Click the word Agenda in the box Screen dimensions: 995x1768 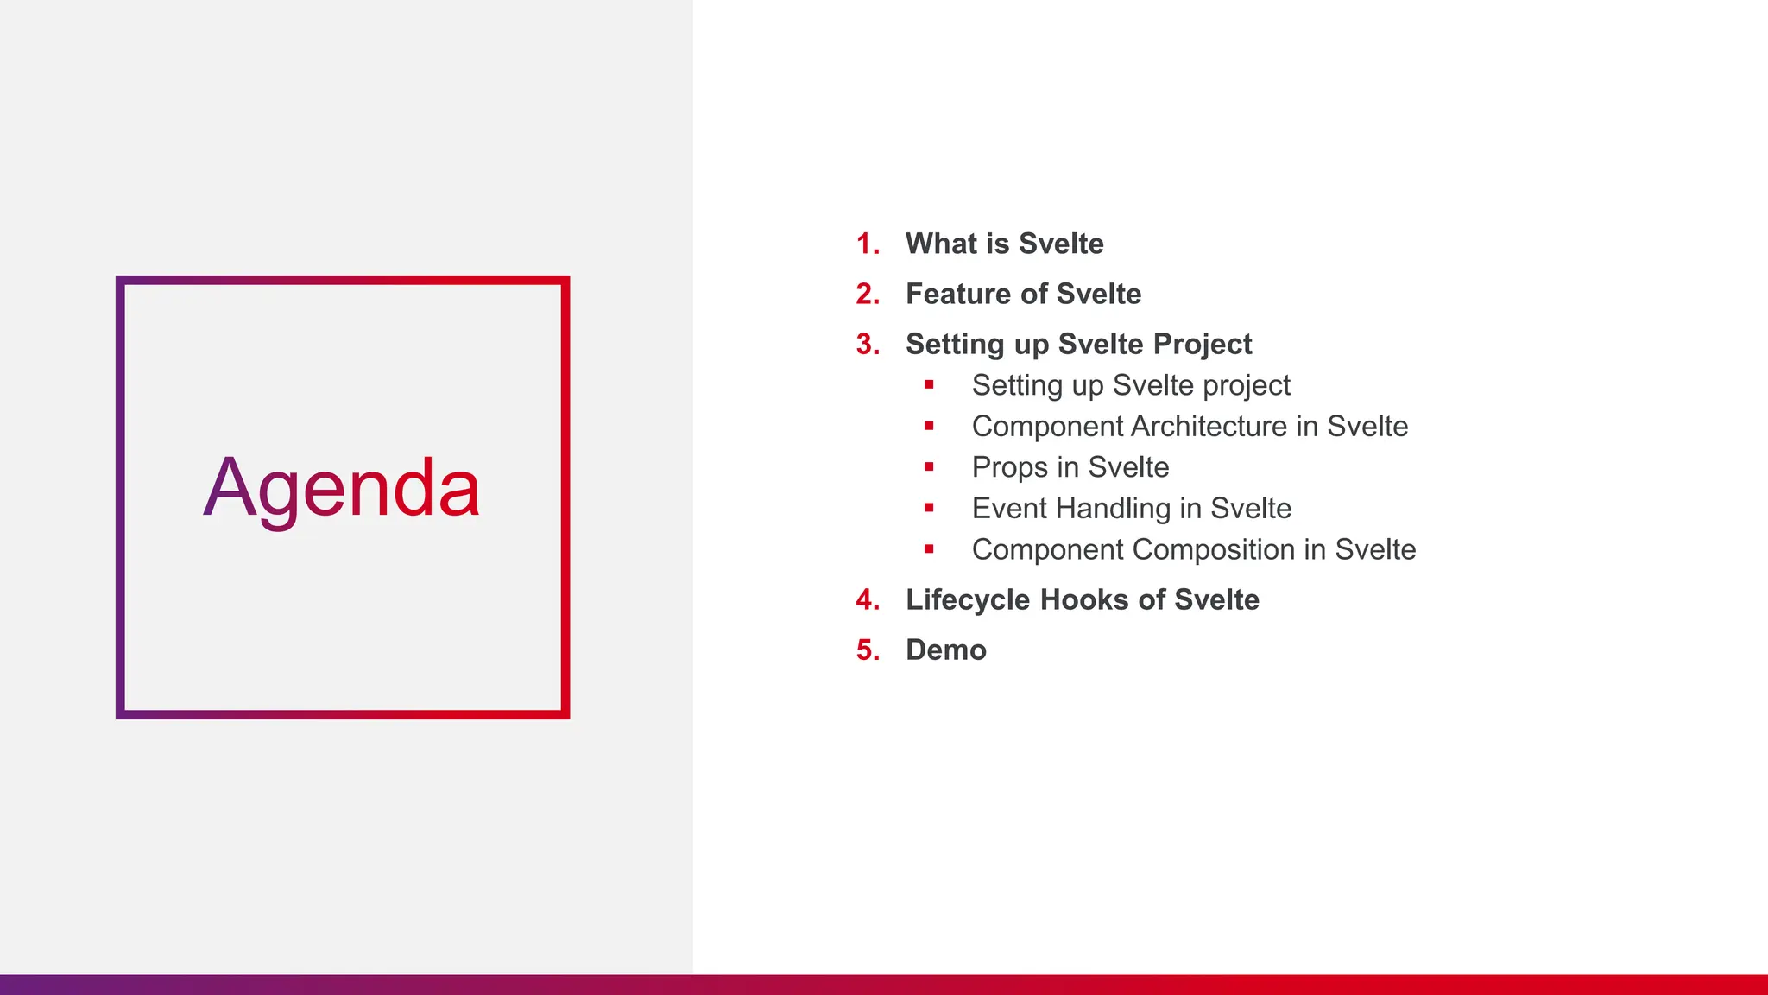click(341, 489)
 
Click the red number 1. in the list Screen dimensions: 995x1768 click(868, 244)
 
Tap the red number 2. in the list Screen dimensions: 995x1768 click(868, 295)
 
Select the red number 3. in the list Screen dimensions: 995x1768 click(868, 345)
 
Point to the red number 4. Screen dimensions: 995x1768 click(868, 600)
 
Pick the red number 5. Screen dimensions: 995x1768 click(868, 650)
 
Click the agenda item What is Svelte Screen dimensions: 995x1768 click(1004, 244)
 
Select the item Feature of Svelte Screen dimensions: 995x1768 click(1023, 295)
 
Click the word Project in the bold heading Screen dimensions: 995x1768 click(1203, 345)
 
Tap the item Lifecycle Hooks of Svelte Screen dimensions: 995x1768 click(1082, 600)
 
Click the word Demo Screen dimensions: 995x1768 click(945, 650)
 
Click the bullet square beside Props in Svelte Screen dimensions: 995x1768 click(929, 467)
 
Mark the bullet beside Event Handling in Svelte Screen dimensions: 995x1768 click(929, 508)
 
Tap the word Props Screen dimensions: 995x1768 click(1010, 468)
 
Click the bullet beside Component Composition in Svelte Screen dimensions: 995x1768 click(929, 549)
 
